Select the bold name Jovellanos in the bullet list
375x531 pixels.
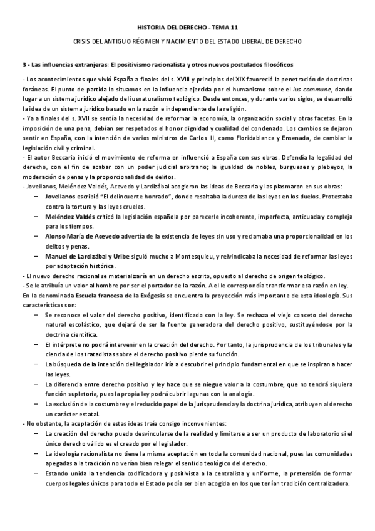(x=61, y=196)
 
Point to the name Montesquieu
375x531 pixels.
(x=192, y=256)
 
